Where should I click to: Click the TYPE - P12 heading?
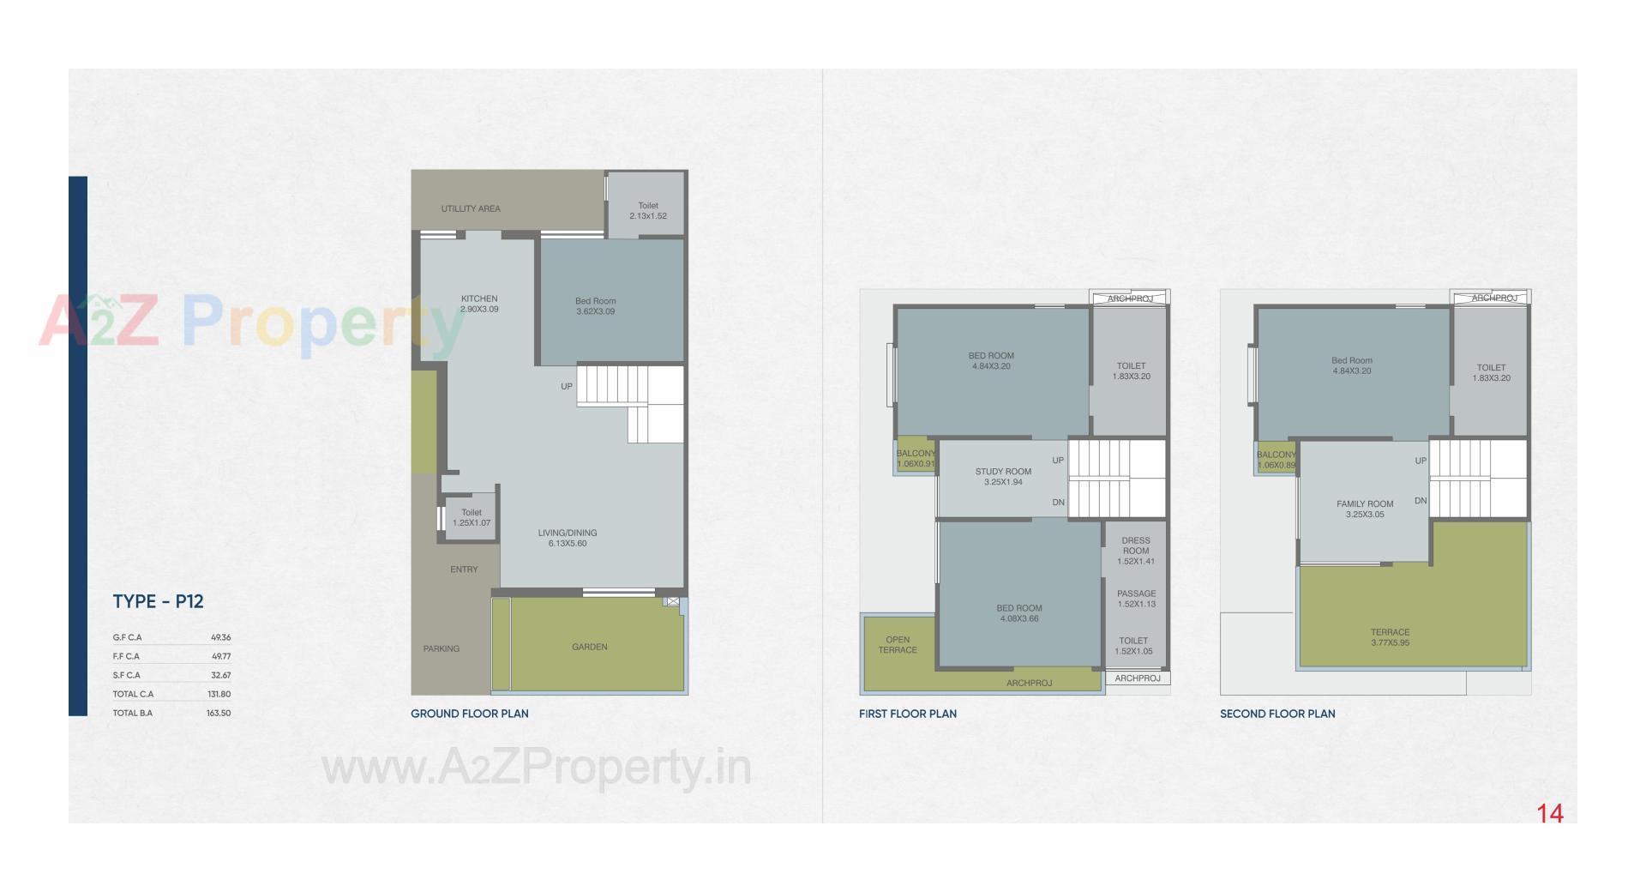coord(158,601)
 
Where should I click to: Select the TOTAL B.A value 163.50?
coord(218,713)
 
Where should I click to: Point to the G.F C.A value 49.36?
coord(220,637)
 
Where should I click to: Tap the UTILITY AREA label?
coord(471,208)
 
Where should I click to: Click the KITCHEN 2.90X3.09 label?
coord(479,304)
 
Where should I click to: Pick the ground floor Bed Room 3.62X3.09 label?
coord(595,306)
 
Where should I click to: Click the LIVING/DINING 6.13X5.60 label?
coord(568,538)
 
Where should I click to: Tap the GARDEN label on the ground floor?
coord(589,647)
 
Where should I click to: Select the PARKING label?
coord(442,648)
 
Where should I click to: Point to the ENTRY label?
coord(464,570)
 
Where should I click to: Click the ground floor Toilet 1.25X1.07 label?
coord(472,517)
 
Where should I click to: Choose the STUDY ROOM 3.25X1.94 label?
coord(1003,477)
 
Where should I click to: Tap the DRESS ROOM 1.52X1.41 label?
coord(1136,551)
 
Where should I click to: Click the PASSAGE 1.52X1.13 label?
coord(1136,599)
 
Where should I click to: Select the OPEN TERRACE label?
coord(898,645)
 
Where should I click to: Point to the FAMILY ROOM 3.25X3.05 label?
coord(1365,509)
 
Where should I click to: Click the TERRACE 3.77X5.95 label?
coord(1390,637)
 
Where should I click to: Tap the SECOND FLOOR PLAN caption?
coord(1277,714)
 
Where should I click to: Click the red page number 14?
coord(1550,813)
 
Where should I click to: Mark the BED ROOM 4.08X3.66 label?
coord(1019,613)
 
